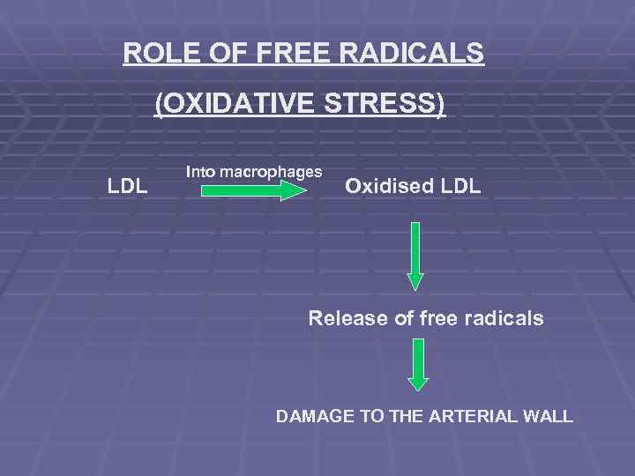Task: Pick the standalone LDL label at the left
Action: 127,186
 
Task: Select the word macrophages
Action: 269,171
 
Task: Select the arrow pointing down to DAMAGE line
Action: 418,364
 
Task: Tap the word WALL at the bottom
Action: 552,416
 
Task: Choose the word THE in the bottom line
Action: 405,416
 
